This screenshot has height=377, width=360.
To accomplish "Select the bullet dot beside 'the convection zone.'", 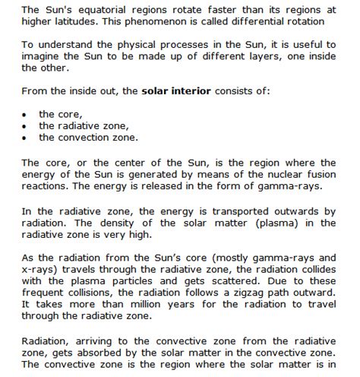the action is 25,138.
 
